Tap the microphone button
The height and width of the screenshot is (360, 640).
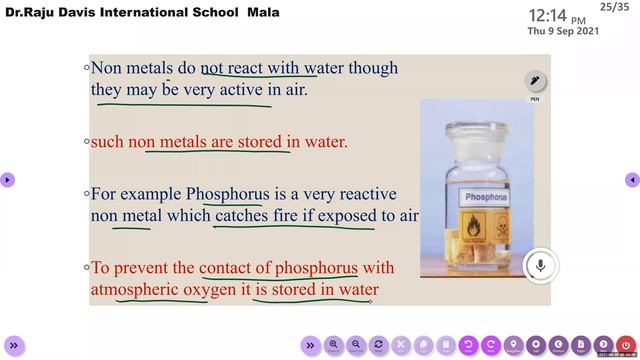click(x=540, y=265)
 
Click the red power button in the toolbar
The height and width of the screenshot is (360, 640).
click(x=625, y=345)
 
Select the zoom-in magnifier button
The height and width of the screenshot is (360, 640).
click(x=334, y=345)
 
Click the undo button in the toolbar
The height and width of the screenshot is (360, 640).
click(x=469, y=345)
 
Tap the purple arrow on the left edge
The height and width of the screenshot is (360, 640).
click(x=7, y=180)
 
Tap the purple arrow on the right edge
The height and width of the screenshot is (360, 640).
click(x=632, y=180)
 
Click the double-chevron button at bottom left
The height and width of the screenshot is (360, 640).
click(x=13, y=345)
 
